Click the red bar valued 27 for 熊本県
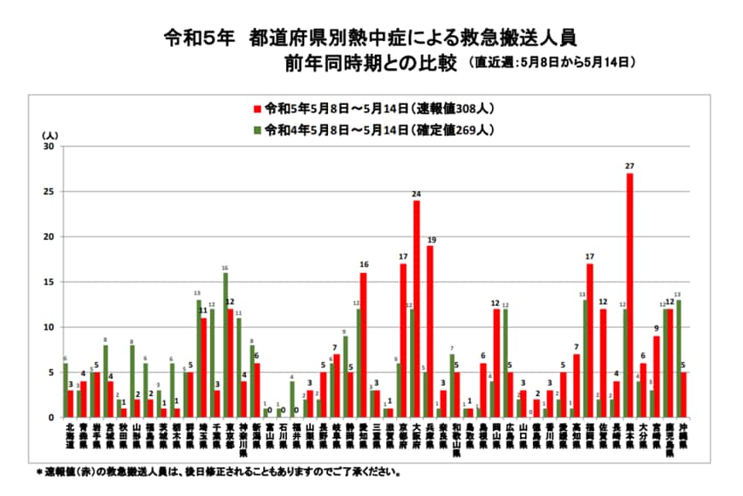coord(629,295)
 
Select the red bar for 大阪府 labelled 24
coord(417,309)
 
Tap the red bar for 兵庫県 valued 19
coord(430,331)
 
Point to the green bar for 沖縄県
coord(678,359)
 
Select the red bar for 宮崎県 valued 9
coord(656,376)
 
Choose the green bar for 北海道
coord(66,390)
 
